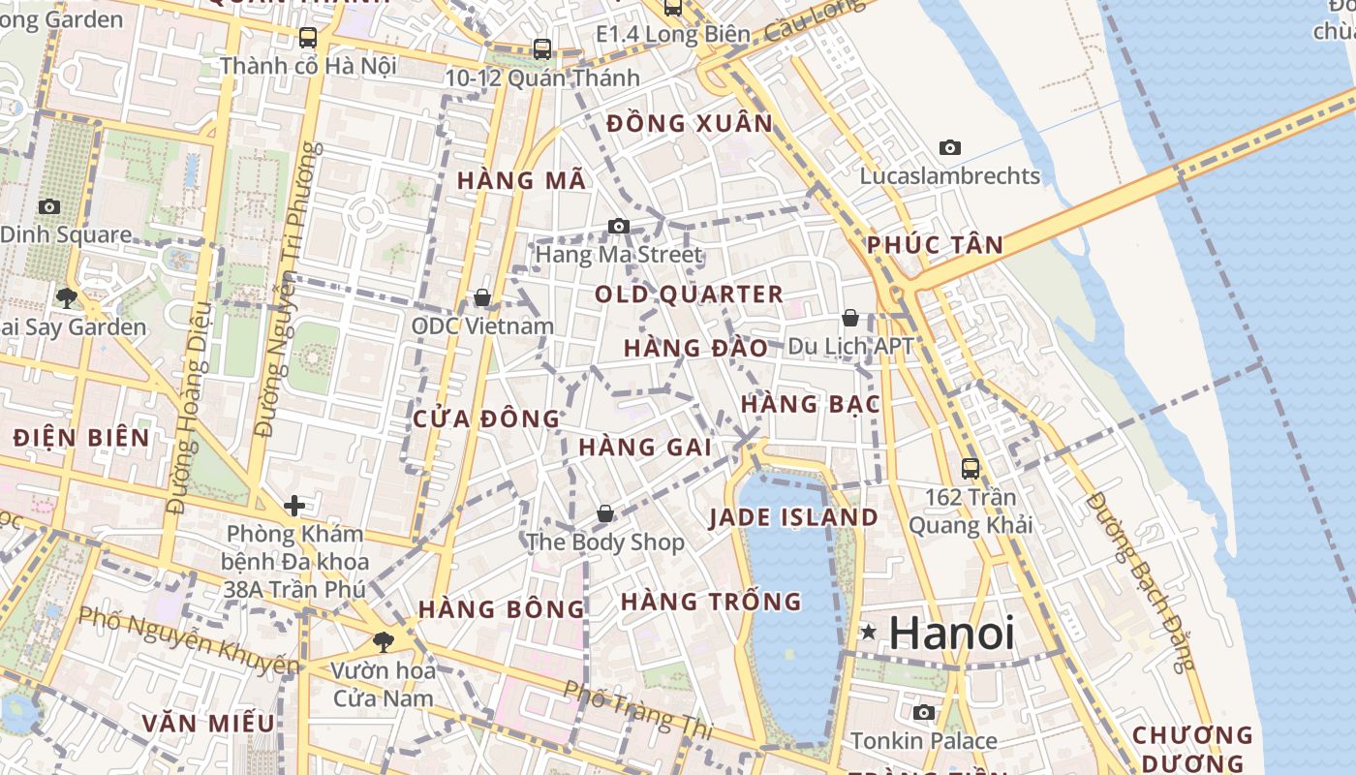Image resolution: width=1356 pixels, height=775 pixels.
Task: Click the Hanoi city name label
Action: pyautogui.click(x=951, y=633)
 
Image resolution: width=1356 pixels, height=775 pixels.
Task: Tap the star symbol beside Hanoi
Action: pyautogui.click(x=869, y=633)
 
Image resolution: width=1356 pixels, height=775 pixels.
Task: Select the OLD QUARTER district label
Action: pyautogui.click(x=689, y=294)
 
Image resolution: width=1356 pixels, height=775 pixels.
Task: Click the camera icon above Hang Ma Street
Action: pyautogui.click(x=619, y=227)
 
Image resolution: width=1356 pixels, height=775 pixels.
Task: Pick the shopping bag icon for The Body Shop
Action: pyautogui.click(x=605, y=513)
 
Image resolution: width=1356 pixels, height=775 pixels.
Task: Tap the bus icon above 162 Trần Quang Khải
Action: pyautogui.click(x=970, y=469)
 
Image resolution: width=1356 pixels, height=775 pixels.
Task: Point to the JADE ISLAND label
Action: pyautogui.click(x=793, y=517)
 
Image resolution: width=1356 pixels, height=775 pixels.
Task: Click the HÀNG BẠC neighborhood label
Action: pyautogui.click(x=811, y=404)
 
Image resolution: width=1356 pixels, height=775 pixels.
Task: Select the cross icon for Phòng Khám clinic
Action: pyautogui.click(x=294, y=505)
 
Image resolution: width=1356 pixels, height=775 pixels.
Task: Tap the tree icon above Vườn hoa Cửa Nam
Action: pyautogui.click(x=384, y=641)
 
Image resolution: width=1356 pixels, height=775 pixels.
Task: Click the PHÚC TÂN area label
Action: pyautogui.click(x=935, y=245)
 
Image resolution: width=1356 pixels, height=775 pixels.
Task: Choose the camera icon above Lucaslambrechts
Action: pyautogui.click(x=950, y=147)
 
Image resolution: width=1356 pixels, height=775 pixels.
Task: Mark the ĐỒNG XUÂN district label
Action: pyautogui.click(x=690, y=124)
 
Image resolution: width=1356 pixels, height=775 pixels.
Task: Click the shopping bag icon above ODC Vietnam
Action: pyautogui.click(x=482, y=297)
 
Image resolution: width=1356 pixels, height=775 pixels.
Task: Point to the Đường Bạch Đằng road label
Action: pyautogui.click(x=1141, y=581)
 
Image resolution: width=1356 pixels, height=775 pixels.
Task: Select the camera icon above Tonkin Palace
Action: pyautogui.click(x=924, y=713)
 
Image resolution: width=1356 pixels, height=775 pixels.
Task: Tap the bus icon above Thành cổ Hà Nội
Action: pyautogui.click(x=308, y=38)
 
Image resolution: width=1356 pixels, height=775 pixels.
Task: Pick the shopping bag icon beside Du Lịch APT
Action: pyautogui.click(x=850, y=318)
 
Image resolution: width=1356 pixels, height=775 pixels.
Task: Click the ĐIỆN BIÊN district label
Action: pyautogui.click(x=81, y=437)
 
